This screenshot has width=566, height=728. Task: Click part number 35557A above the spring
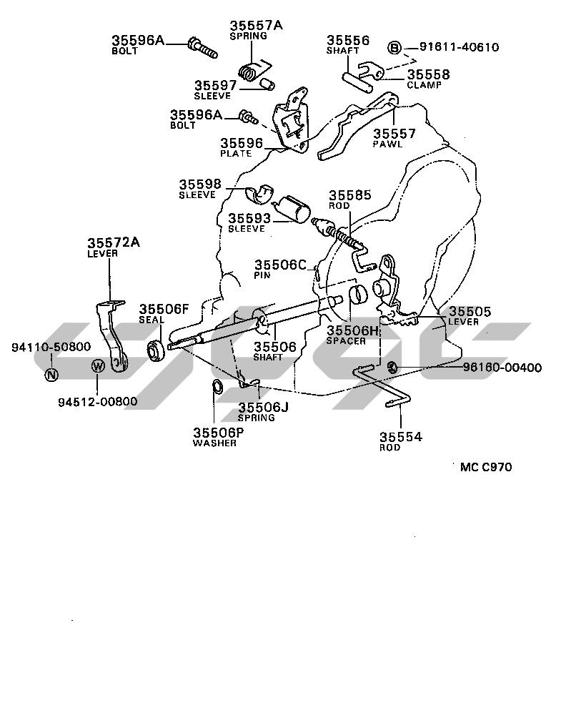point(256,26)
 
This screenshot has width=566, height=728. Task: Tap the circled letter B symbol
point(394,48)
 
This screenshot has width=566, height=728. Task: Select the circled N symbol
point(51,373)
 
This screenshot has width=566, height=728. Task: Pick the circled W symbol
point(99,367)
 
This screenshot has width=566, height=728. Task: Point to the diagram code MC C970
point(486,467)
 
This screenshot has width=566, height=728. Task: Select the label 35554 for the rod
point(400,437)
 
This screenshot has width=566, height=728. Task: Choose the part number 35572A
point(114,242)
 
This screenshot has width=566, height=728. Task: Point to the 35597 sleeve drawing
point(267,85)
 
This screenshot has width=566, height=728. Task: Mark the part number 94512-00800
point(97,401)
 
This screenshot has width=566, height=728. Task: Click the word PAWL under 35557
point(388,144)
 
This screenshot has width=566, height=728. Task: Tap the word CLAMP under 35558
point(424,84)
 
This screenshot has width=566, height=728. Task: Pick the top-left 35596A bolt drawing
point(201,46)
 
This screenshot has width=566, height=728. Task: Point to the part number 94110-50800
point(51,347)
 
